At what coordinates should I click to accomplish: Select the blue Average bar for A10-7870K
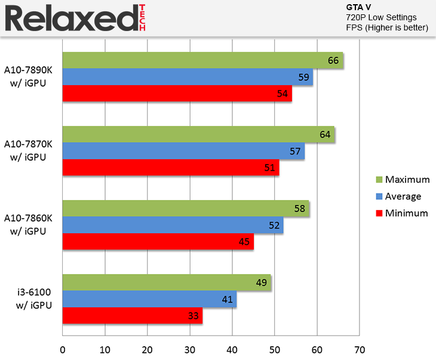183,151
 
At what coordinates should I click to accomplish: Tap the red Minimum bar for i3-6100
132,316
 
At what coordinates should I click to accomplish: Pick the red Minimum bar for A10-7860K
158,242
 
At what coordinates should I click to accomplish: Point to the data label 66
333,60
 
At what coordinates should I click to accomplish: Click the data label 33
193,316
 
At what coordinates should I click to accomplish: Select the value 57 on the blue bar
295,151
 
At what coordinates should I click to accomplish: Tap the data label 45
244,242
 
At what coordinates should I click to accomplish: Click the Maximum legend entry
407,180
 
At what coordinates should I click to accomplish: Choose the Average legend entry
403,196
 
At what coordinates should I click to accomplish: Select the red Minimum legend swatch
378,213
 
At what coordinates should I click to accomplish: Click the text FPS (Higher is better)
387,27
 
